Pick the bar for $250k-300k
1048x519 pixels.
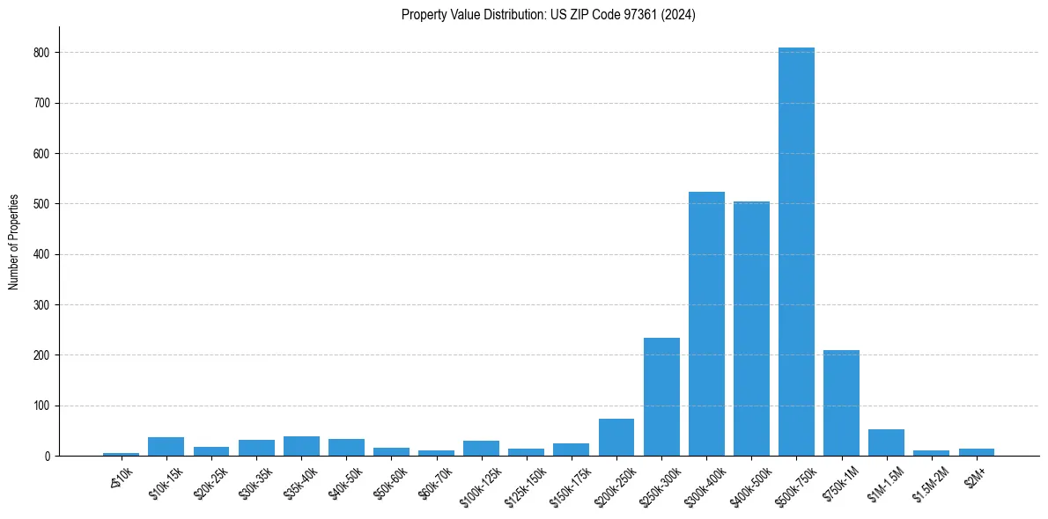click(661, 397)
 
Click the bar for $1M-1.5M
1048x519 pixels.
click(886, 442)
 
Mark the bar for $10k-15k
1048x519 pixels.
click(166, 447)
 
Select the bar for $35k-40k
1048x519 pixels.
click(301, 446)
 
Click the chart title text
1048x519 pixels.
click(548, 15)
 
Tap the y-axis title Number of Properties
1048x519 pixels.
click(14, 242)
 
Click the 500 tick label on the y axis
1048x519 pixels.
click(47, 204)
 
